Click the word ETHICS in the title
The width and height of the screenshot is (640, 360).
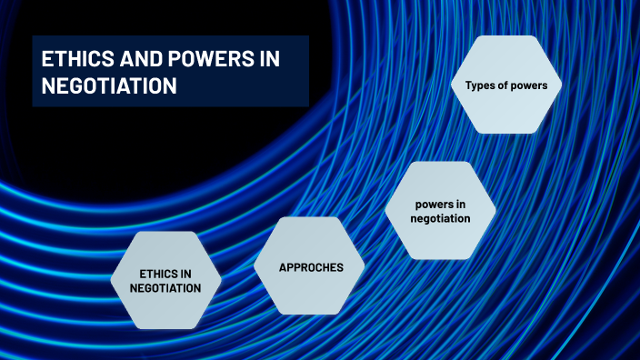[75, 60]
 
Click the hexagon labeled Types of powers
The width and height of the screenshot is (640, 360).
[506, 86]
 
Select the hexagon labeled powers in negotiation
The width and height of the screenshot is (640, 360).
[440, 211]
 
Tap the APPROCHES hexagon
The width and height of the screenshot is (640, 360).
[310, 267]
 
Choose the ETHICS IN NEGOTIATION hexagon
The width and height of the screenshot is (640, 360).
[165, 280]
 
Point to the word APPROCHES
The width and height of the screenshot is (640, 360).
[310, 267]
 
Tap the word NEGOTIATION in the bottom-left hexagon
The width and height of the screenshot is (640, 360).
[165, 288]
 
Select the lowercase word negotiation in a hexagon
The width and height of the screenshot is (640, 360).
[440, 218]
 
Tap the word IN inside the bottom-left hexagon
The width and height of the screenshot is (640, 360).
[185, 273]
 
